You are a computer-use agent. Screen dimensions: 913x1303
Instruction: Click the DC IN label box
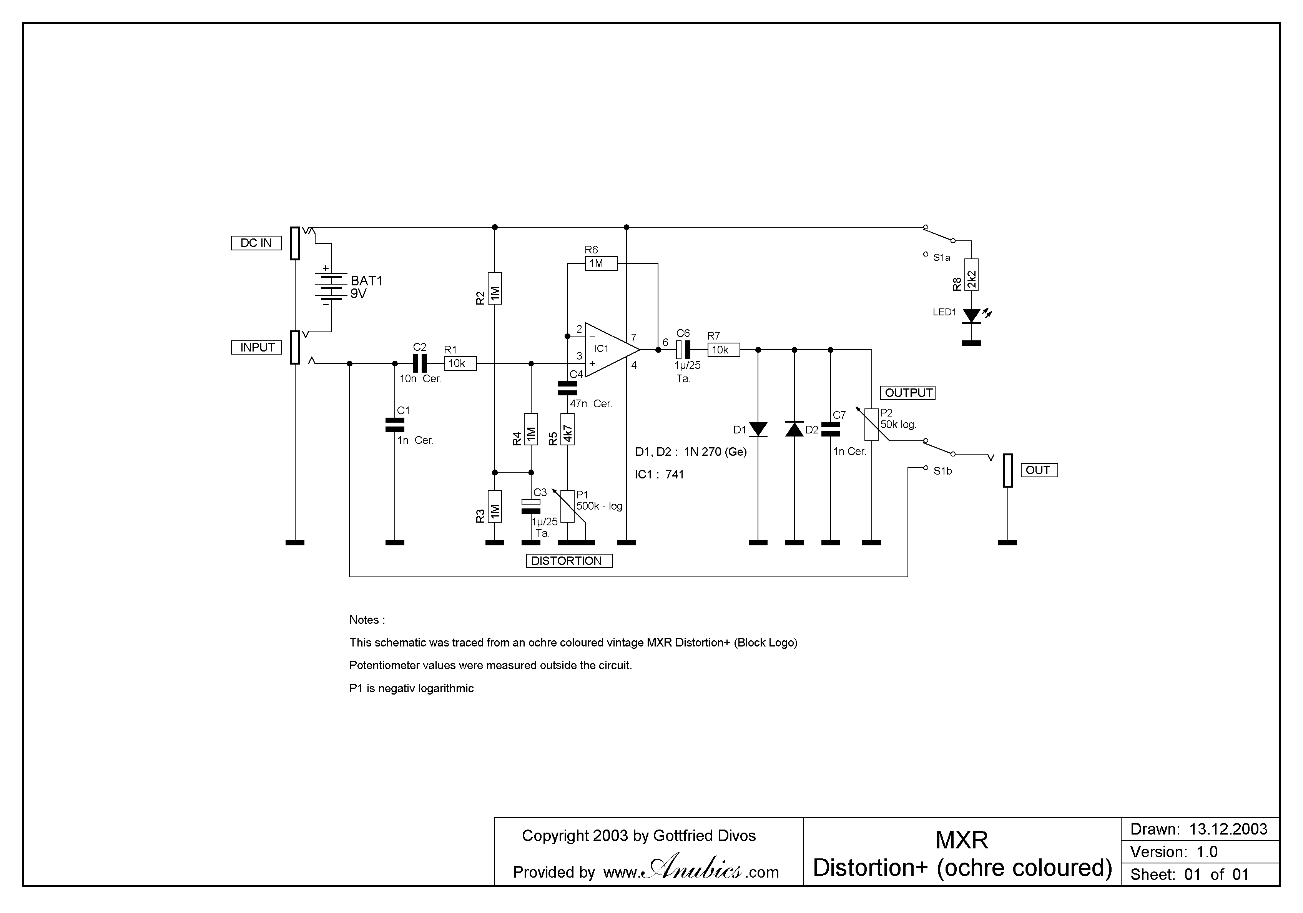[256, 243]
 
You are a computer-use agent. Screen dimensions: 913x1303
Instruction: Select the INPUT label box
[256, 348]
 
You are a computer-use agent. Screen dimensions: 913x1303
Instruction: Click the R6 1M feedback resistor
[601, 263]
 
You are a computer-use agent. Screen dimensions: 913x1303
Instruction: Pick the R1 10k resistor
[460, 363]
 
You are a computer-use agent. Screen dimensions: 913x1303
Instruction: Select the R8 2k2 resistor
[972, 275]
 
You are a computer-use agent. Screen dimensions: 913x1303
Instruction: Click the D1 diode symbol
[758, 430]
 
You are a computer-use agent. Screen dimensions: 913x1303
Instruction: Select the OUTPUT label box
[908, 393]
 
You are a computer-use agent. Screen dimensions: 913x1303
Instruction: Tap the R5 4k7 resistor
[567, 429]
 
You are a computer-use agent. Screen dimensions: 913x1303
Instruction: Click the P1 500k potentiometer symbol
[567, 506]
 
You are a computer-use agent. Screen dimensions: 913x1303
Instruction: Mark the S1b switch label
[942, 471]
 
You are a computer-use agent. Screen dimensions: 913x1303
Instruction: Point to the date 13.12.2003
[1228, 830]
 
